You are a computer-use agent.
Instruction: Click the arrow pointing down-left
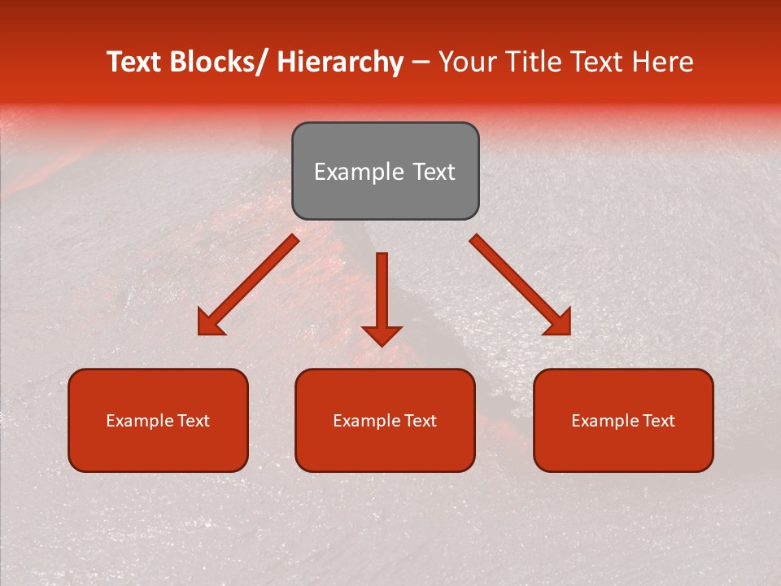pos(248,285)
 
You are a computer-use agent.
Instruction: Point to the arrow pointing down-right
pos(521,285)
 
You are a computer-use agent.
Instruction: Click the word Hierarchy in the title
pos(339,63)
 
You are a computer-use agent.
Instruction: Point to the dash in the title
pos(421,63)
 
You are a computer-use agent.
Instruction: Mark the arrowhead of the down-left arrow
pos(210,323)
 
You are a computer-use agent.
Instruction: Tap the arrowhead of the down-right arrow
pos(559,323)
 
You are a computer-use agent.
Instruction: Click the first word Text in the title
pos(133,63)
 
